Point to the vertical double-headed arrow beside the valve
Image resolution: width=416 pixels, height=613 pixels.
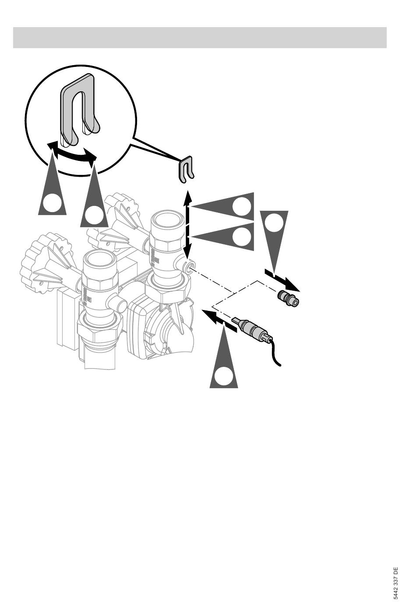188,225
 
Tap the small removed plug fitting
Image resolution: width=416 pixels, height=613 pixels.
288,299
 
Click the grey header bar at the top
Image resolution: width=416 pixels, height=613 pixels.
200,38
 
